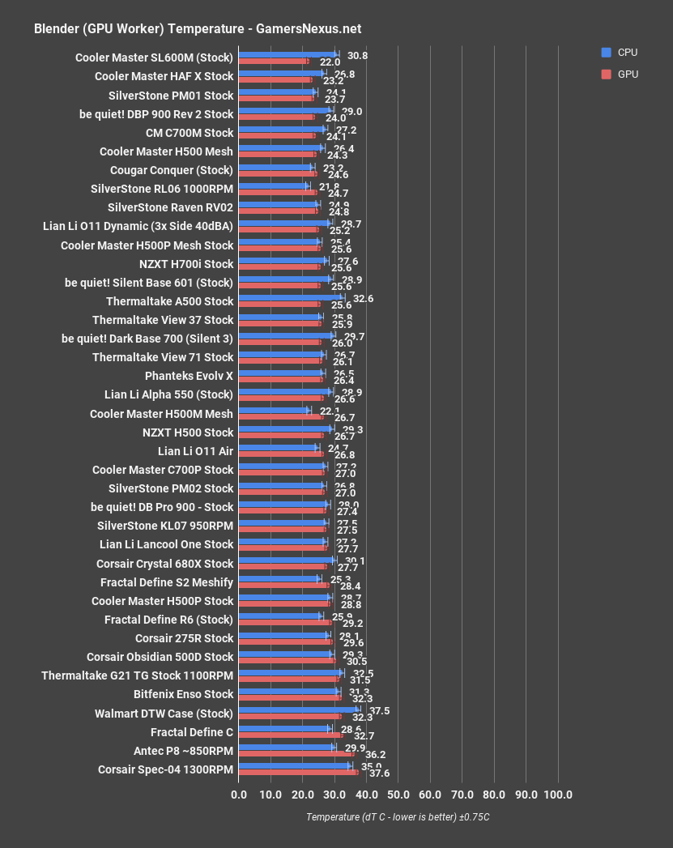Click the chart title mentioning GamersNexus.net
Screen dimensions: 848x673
(198, 28)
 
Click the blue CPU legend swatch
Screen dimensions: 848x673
(606, 53)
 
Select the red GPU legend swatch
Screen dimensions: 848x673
(606, 74)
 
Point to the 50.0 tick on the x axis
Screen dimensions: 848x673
(398, 795)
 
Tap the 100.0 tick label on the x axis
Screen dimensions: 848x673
(557, 795)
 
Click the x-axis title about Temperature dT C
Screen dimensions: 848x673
(398, 817)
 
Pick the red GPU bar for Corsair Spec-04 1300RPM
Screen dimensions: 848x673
(297, 773)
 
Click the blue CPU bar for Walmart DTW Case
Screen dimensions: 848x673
(297, 710)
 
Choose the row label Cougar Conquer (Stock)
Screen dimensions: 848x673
(171, 170)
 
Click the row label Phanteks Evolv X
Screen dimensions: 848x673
(189, 376)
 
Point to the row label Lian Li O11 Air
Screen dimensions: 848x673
(195, 451)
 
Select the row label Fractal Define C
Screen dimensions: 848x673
(192, 731)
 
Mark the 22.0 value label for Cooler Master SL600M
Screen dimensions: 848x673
(330, 62)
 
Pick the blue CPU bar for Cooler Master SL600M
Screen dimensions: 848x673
(287, 54)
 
